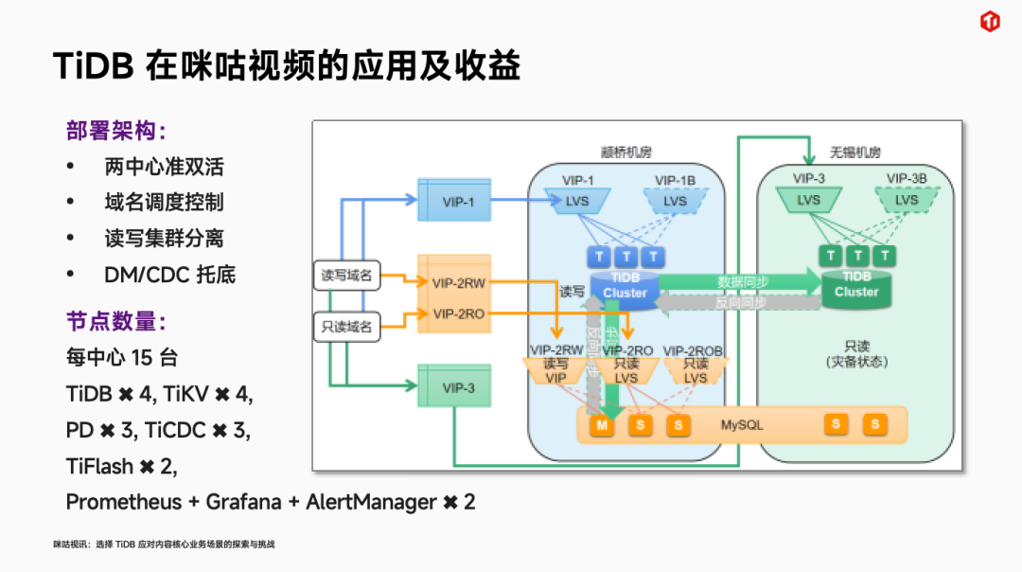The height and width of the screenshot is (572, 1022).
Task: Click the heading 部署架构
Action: (x=115, y=131)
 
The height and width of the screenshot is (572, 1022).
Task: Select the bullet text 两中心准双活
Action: (x=164, y=167)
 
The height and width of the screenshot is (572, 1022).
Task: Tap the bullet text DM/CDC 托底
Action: (x=169, y=275)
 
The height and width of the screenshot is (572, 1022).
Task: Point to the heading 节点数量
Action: (x=115, y=321)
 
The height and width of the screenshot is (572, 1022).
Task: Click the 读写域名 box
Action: (x=346, y=277)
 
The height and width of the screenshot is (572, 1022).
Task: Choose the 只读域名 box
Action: (x=346, y=328)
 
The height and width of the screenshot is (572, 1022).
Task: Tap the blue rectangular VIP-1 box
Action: (x=458, y=201)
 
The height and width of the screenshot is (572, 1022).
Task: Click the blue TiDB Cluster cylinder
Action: (x=625, y=285)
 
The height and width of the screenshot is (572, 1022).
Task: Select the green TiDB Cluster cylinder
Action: (x=855, y=284)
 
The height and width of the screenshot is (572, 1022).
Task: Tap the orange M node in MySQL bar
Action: (x=602, y=425)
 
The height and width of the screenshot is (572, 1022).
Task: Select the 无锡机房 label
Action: (x=855, y=152)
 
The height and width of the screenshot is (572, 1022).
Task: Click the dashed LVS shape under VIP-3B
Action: (x=906, y=200)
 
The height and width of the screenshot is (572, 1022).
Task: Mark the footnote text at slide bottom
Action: (x=163, y=545)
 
